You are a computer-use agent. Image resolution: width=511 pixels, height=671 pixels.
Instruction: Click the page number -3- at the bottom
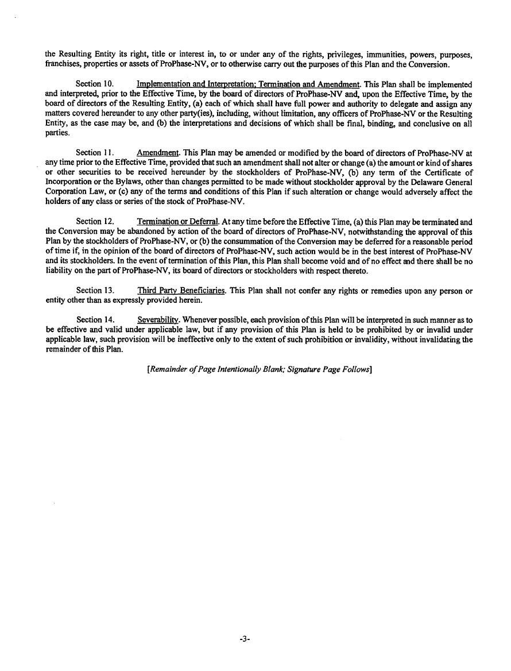pos(245,638)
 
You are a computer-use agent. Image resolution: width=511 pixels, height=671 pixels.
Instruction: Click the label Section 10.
pos(95,84)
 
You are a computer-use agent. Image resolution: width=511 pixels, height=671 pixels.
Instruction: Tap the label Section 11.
pos(95,153)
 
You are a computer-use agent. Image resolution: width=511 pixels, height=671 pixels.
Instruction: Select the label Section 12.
pos(95,222)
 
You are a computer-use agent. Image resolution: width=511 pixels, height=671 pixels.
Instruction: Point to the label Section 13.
pos(95,291)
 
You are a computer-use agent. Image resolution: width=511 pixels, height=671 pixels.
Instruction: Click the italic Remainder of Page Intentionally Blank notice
pos(260,370)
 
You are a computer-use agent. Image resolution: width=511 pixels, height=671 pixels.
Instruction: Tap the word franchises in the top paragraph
pos(64,64)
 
